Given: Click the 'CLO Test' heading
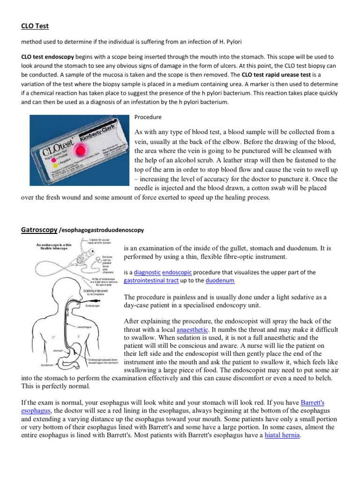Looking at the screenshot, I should point(36,26).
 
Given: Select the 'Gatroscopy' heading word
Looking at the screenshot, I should point(39,230).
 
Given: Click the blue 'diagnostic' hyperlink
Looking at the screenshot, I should point(147,272).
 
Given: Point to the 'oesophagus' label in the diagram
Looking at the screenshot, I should point(84,326).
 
